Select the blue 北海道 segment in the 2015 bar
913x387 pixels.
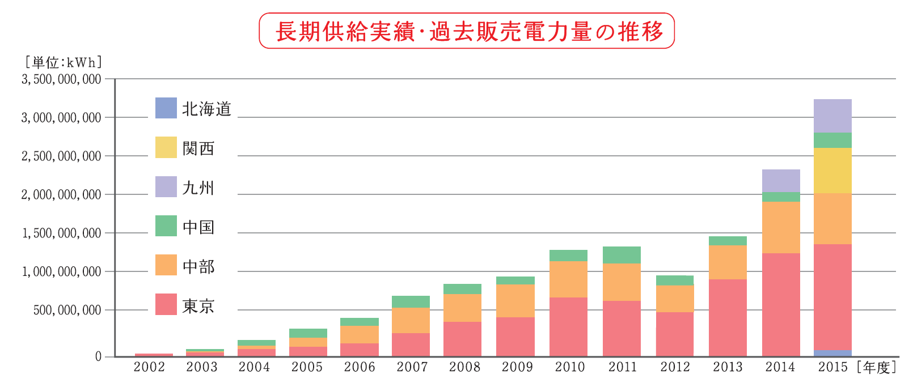point(832,353)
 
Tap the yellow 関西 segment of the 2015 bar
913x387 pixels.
point(832,171)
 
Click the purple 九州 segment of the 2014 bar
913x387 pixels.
point(781,181)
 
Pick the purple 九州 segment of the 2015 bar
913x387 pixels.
point(832,116)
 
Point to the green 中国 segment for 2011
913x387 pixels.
point(622,255)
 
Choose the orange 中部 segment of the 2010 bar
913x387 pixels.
point(568,279)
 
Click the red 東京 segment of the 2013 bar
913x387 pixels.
point(728,317)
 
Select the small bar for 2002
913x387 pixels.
point(154,355)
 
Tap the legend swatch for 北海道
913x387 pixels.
point(166,108)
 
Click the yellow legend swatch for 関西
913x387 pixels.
point(166,147)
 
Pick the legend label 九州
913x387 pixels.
point(198,188)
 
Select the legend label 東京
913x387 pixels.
point(198,306)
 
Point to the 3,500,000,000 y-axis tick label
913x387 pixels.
point(61,79)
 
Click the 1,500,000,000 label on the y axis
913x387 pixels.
point(61,233)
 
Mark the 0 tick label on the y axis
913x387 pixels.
point(98,356)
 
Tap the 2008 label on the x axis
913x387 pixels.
point(464,367)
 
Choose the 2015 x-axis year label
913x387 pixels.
point(832,367)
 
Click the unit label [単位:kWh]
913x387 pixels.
point(62,62)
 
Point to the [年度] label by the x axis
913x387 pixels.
point(877,368)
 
